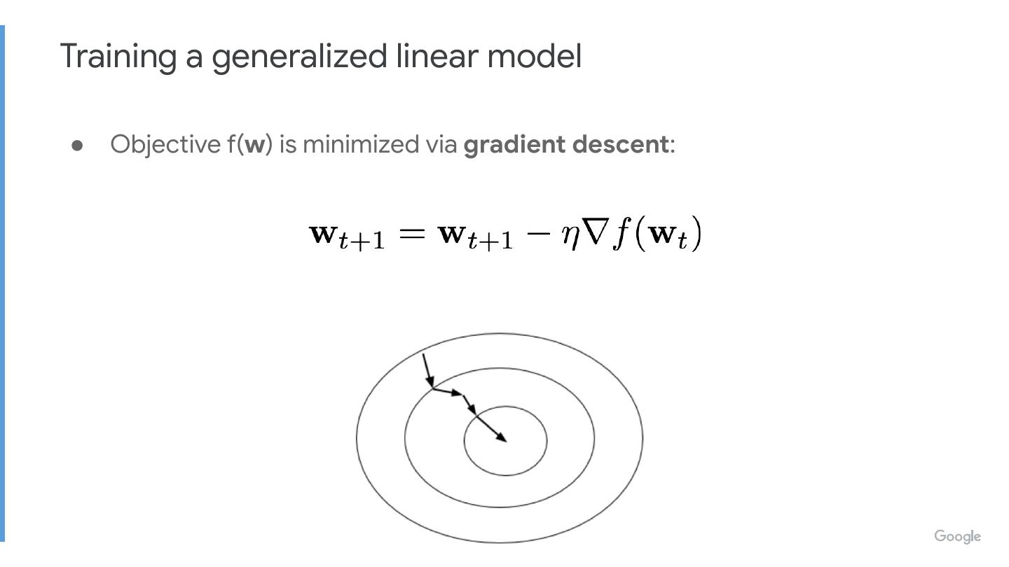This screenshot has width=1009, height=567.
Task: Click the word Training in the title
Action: pos(117,57)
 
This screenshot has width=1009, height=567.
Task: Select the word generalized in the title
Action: pos(299,57)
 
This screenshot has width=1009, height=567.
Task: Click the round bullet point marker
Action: pos(78,145)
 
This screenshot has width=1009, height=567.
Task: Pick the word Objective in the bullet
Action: pos(165,144)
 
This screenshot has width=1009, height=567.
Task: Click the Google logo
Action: pos(957,537)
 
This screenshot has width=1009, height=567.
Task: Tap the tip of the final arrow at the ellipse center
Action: pos(505,440)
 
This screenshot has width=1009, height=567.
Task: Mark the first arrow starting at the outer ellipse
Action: pos(427,371)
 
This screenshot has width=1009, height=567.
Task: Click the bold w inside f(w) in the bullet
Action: pos(256,145)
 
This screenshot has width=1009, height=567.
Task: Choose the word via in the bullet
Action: pos(441,144)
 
